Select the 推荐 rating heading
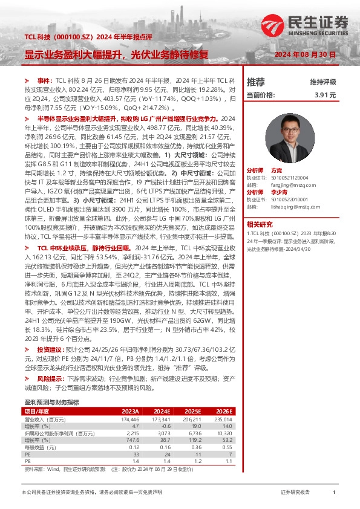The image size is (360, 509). (x=256, y=82)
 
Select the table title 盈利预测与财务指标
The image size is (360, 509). (x=51, y=402)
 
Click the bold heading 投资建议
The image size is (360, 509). (x=49, y=349)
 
